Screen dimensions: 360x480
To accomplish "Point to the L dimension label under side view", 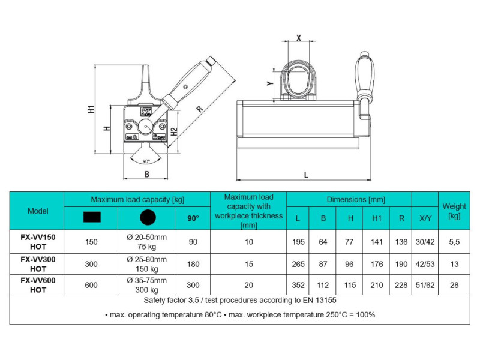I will pyautogui.click(x=306, y=175).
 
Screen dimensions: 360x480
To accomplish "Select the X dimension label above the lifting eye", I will pyautogui.click(x=299, y=37).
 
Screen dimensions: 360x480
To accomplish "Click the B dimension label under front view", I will pyautogui.click(x=147, y=175).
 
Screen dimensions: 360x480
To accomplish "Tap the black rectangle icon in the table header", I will pyautogui.click(x=91, y=218).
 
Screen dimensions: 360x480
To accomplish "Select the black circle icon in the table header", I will pyautogui.click(x=147, y=218).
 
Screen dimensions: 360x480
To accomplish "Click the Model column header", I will pyautogui.click(x=37, y=211).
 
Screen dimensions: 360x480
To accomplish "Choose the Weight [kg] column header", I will pyautogui.click(x=454, y=211).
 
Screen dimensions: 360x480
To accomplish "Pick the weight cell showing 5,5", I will pyautogui.click(x=454, y=242).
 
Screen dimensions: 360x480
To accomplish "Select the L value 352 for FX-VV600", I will pyautogui.click(x=298, y=286).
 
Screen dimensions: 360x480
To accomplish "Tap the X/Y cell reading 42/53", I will pyautogui.click(x=425, y=264).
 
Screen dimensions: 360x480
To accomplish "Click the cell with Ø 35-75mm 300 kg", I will pyautogui.click(x=147, y=286).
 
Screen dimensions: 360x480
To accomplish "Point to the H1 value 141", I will pyautogui.click(x=377, y=242).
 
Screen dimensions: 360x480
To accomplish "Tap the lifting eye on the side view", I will pyautogui.click(x=298, y=79).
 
